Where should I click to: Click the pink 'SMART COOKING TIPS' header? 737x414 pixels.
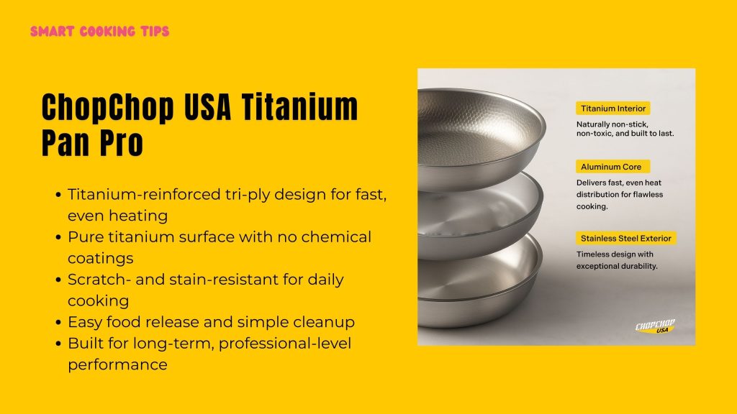(100, 32)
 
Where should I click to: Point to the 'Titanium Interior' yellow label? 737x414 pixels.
(612, 109)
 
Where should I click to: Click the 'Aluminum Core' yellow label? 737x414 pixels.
(612, 166)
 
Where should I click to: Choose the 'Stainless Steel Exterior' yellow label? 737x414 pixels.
(626, 238)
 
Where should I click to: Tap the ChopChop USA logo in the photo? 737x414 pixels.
(655, 326)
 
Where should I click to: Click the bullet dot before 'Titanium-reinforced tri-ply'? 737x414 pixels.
(58, 195)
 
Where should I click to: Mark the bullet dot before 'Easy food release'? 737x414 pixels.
(58, 323)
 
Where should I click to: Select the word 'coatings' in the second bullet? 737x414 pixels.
(98, 258)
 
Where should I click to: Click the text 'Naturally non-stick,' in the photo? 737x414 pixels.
(612, 124)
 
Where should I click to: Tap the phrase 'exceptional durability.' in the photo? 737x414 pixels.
(617, 266)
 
